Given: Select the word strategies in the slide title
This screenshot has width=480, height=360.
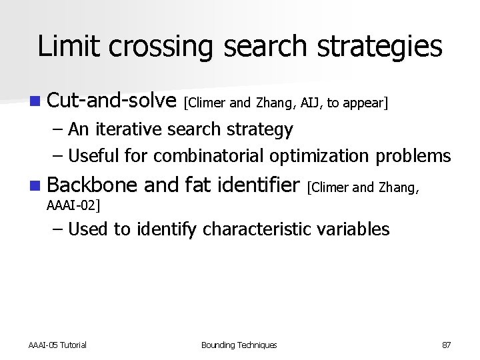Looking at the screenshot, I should [374, 46].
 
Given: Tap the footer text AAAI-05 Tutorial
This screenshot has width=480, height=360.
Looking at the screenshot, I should [57, 345].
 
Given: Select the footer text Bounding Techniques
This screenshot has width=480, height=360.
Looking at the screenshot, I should [239, 345].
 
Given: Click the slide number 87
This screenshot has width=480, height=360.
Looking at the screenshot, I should [446, 345].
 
